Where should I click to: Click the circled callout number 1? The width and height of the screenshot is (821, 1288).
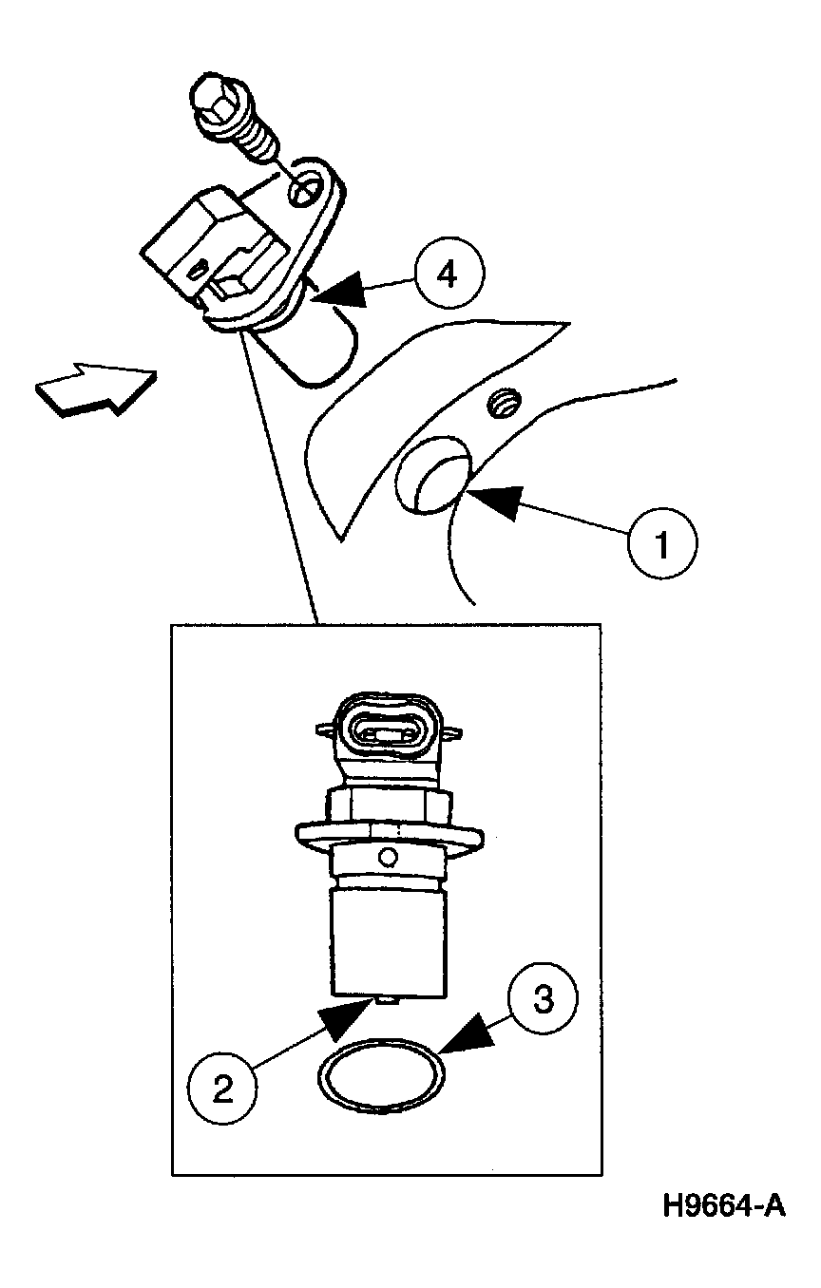tap(662, 542)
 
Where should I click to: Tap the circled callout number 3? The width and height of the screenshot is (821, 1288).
tap(543, 999)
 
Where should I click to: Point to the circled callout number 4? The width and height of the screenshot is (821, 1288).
tap(449, 273)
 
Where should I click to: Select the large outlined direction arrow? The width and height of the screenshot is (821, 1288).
tap(96, 388)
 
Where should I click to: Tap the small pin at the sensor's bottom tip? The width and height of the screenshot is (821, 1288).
tap(387, 1001)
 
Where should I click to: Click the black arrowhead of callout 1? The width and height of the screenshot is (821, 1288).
tap(498, 498)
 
